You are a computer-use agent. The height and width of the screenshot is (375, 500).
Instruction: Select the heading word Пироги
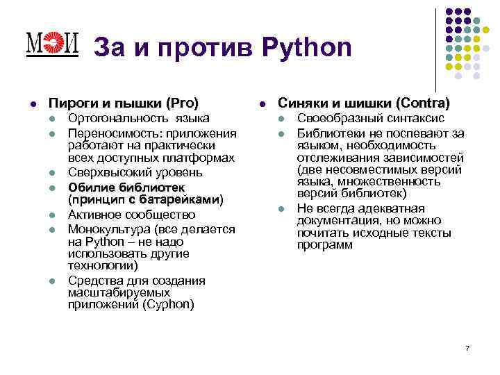click(x=68, y=103)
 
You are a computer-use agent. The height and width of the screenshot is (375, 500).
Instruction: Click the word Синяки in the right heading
click(x=301, y=103)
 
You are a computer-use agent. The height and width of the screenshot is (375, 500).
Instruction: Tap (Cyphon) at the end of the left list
click(x=170, y=304)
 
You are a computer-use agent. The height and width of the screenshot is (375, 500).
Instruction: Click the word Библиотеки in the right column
click(x=328, y=133)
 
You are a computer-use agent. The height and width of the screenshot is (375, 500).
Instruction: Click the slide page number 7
click(x=467, y=347)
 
